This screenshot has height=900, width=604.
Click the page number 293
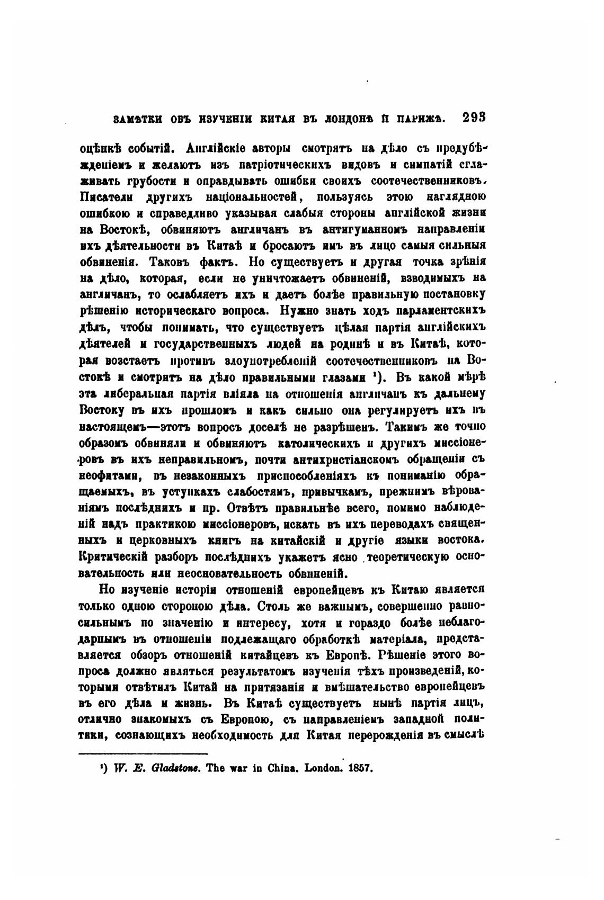click(474, 118)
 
